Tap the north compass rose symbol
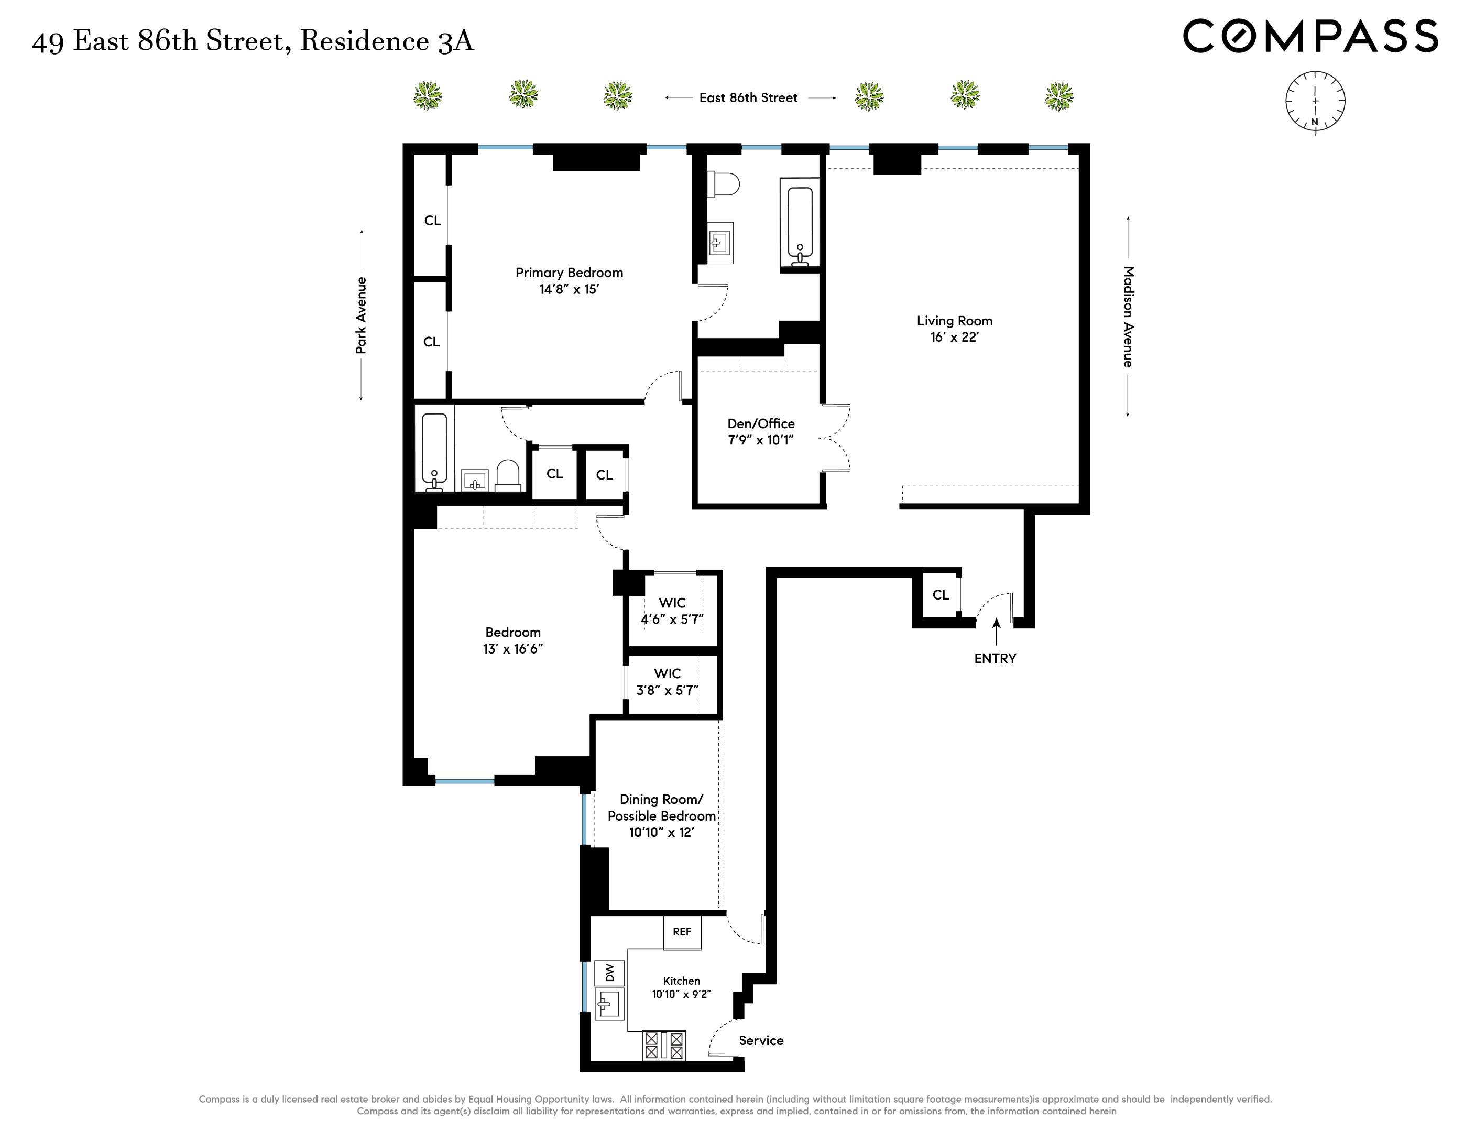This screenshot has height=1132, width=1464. coord(1315,102)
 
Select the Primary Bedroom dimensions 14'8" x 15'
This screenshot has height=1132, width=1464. coord(569,290)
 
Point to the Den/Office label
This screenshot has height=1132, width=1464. coord(761,424)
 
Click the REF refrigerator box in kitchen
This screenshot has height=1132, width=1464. coord(682,932)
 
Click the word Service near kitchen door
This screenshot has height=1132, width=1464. coord(761,1040)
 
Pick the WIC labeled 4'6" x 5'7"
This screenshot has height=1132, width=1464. coord(672,611)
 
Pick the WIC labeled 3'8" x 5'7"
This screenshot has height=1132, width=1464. coord(668,682)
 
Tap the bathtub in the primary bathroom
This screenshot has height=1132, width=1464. coord(800,225)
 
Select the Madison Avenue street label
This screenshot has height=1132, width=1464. coord(1128,317)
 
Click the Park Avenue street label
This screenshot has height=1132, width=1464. coord(362,315)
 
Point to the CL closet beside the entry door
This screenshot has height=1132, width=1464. coord(941,595)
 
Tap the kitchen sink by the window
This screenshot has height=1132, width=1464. coord(609,1005)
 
